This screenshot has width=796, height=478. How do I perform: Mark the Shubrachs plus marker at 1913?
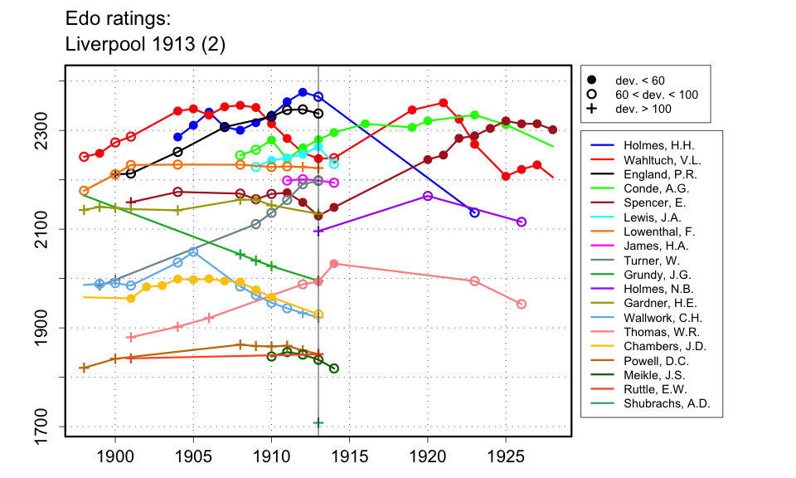pos(318,422)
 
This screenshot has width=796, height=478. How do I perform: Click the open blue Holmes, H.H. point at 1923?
pos(474,212)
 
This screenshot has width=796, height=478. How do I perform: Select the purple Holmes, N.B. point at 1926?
pos(522,222)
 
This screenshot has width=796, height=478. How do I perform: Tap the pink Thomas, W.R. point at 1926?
pos(522,305)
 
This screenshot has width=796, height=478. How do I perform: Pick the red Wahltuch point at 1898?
pos(84,156)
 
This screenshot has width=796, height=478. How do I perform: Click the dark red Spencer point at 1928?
pos(553,129)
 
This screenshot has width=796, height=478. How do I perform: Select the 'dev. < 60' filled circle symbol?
pos(591,80)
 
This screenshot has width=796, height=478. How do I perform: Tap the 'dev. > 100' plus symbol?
pos(591,109)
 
